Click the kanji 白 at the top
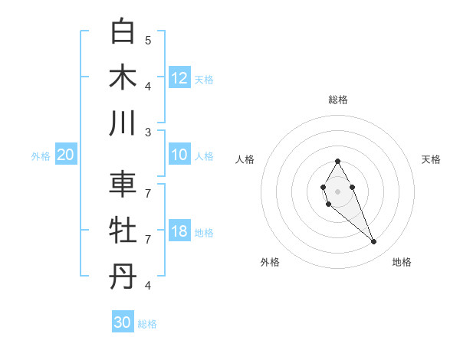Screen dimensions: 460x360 123,31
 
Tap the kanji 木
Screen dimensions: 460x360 123,77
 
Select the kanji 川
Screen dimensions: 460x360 123,123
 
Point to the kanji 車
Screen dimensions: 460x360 123,185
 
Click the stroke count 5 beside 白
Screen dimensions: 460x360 148,39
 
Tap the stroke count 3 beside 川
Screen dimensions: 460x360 148,132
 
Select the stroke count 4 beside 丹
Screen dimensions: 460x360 148,285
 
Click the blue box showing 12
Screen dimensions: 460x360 179,78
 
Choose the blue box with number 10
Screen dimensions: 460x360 179,155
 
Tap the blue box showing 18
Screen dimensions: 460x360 179,231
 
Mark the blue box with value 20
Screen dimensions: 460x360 66,155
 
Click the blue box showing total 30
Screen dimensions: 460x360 123,322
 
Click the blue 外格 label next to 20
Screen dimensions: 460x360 41,155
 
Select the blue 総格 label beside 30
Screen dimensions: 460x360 147,323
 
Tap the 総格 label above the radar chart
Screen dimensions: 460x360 337,100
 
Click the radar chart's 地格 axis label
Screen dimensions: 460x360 402,262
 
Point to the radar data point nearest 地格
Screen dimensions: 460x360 374,242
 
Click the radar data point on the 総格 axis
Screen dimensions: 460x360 337,161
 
